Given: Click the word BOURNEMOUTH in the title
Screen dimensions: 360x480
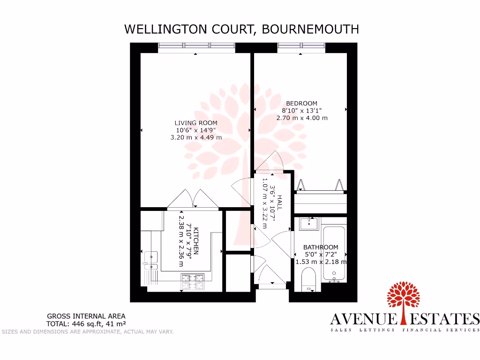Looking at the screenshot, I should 310,29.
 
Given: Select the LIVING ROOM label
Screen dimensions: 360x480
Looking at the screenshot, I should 196,123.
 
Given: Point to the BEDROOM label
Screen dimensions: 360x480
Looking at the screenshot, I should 302,103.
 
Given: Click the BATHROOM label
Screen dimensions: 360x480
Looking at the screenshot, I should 321,247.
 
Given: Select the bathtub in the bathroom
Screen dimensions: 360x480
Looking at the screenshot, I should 334,253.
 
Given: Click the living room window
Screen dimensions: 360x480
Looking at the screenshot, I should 196,45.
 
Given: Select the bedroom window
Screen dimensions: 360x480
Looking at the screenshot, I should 301,45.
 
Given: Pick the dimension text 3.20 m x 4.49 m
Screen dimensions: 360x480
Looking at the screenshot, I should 196,137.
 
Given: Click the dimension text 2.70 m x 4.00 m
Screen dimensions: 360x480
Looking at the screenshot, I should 302,118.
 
